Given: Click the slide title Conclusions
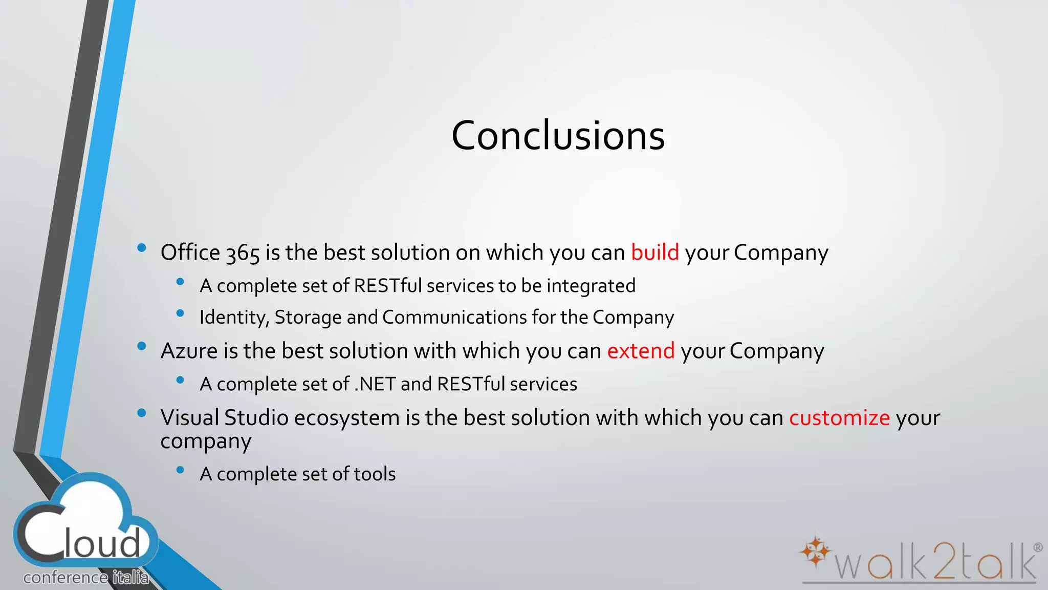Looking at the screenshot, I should click(x=558, y=136).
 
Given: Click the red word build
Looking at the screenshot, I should click(x=654, y=252).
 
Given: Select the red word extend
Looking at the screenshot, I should click(x=641, y=351).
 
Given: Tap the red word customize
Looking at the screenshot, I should click(x=839, y=418).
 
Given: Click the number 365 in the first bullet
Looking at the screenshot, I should click(x=243, y=254).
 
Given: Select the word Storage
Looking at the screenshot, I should click(x=308, y=318).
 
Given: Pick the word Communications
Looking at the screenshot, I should click(x=454, y=318).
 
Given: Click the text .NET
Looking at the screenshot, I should click(x=375, y=384).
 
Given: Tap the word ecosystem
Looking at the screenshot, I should click(x=346, y=418).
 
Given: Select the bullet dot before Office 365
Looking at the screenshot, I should click(x=142, y=248).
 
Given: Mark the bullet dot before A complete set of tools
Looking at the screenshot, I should click(x=180, y=470).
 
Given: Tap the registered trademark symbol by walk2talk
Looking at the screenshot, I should click(x=1038, y=547).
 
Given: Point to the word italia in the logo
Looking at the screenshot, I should click(x=130, y=578).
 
